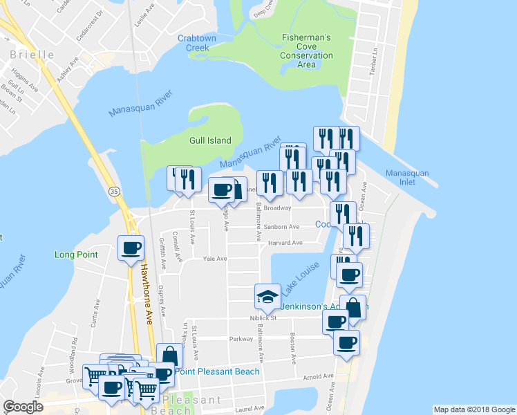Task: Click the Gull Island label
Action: pos(210,140)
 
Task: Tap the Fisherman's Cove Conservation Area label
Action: pos(306,50)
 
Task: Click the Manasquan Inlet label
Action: pos(407,178)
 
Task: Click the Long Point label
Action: pos(76,255)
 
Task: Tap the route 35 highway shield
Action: pos(113,190)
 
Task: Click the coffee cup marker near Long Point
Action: pos(131,248)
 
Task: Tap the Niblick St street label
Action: pos(263,318)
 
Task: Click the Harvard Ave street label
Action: pos(286,243)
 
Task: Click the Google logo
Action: pos(23,407)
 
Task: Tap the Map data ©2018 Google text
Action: pos(473,409)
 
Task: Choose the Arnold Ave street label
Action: pos(317,377)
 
